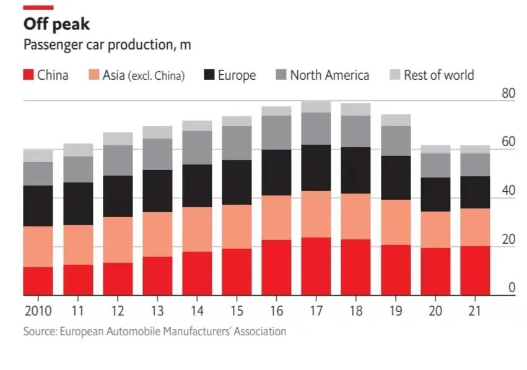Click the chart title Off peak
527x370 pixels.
coord(56,24)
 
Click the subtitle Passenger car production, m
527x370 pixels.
coord(107,45)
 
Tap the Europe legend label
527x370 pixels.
coord(237,75)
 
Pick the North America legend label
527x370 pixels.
coord(329,75)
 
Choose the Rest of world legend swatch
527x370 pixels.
coord(394,75)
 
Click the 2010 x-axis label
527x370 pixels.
coord(38,310)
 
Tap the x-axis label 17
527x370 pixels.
coord(316,310)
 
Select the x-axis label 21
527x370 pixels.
coord(475,310)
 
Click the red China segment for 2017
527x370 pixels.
coord(316,266)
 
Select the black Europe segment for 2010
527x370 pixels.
coord(38,205)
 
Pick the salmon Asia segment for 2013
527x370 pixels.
coord(157,234)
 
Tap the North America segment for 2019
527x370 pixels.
coord(396,140)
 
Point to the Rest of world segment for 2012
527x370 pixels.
coord(118,139)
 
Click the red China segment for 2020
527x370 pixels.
coord(435,271)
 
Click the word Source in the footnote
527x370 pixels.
coord(39,332)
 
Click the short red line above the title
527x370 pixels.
coord(38,7)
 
